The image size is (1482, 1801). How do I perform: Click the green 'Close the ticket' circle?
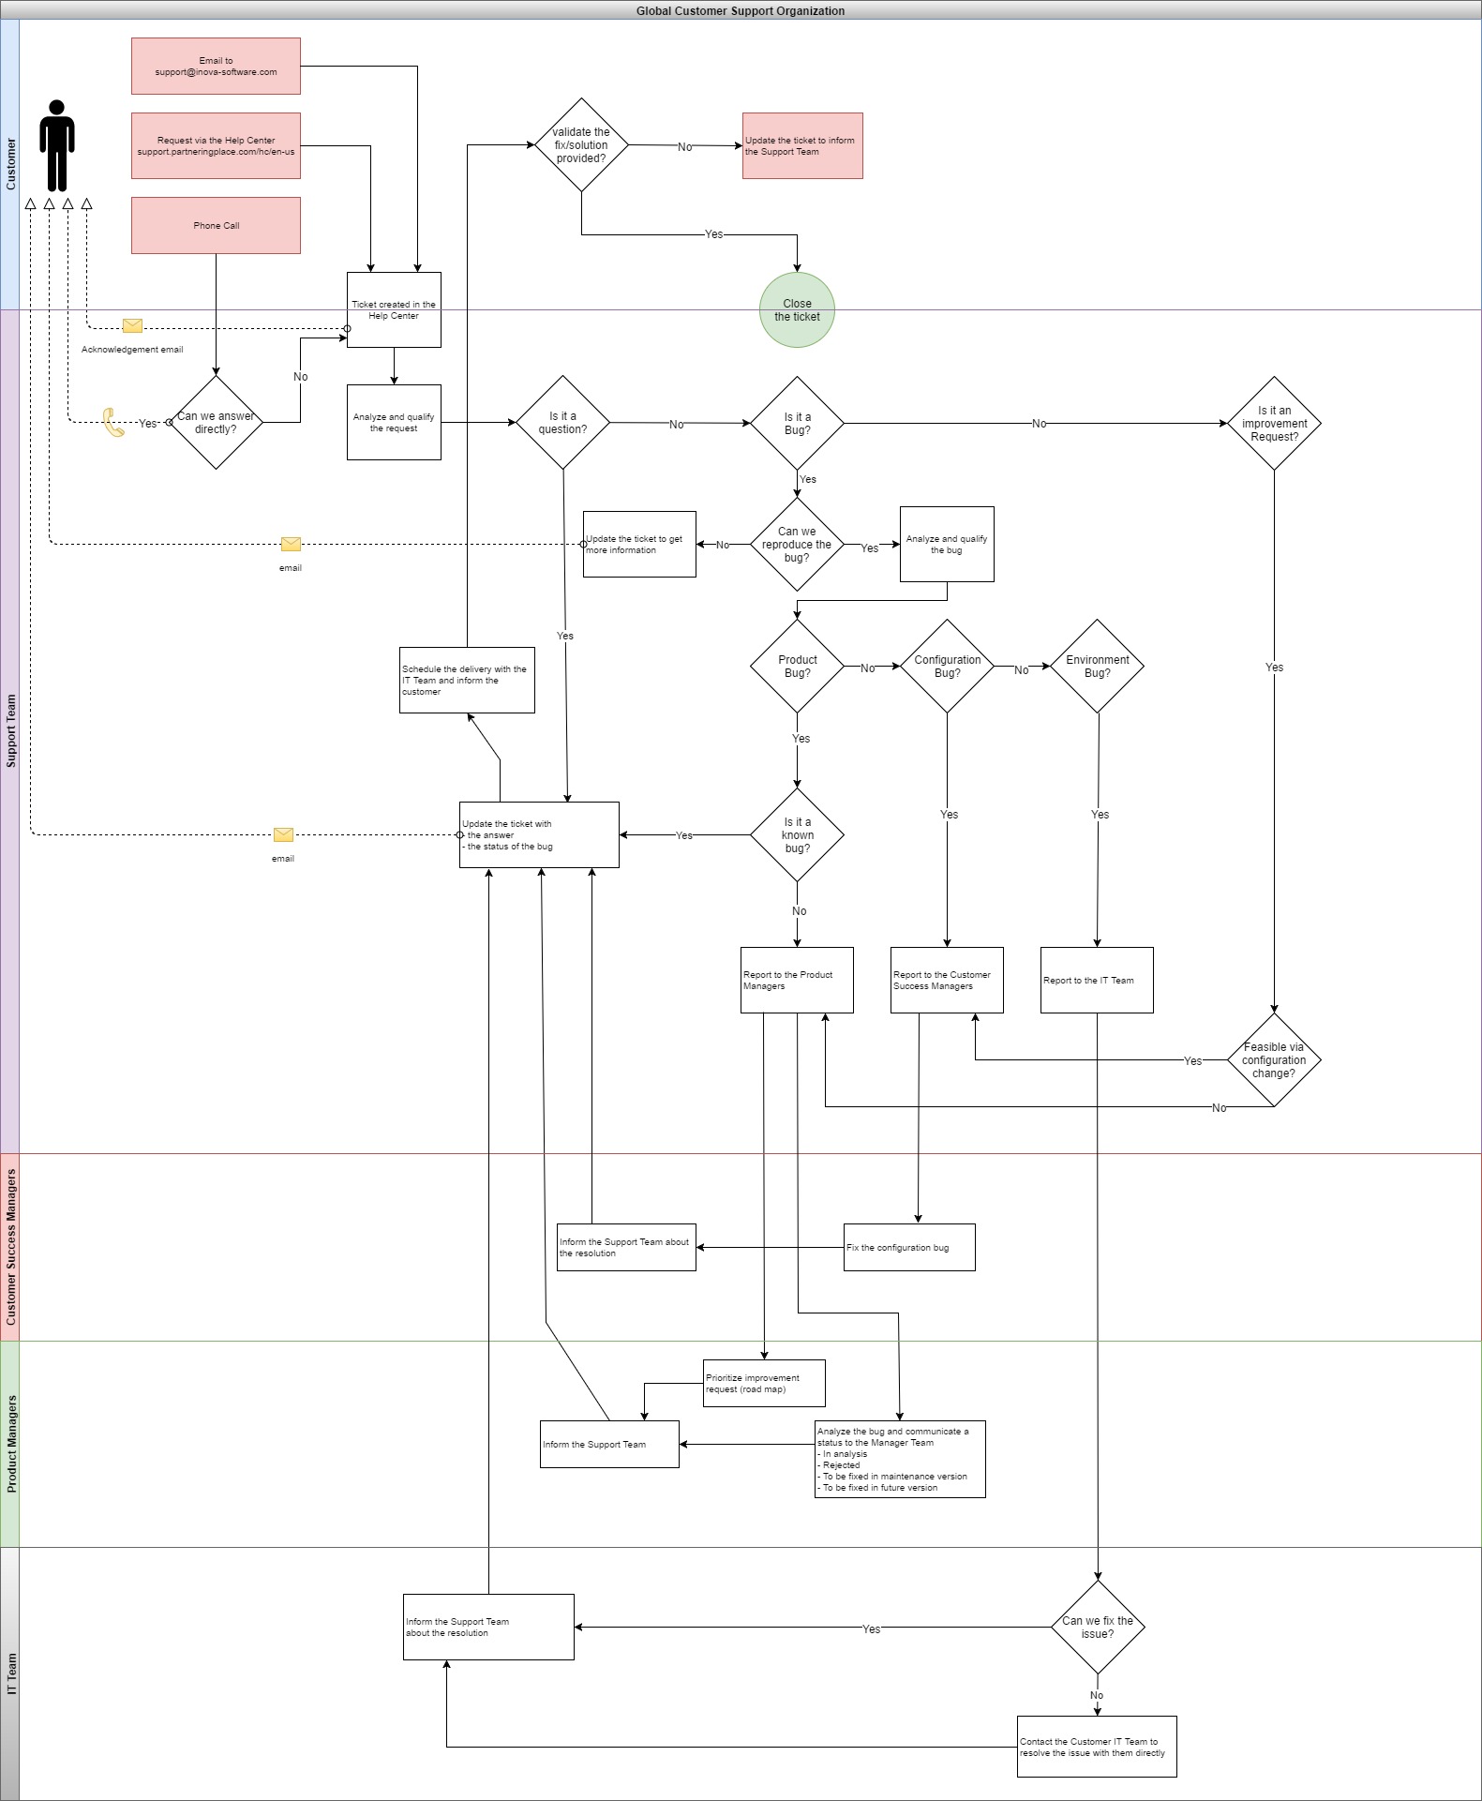797,310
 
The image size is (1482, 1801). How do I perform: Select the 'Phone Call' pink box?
216,225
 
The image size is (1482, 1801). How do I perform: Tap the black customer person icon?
57,145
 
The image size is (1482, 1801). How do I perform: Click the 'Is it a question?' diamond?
562,423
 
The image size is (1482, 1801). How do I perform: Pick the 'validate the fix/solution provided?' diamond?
581,145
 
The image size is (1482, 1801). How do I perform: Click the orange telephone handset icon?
113,423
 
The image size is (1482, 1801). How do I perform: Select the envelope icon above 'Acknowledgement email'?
132,325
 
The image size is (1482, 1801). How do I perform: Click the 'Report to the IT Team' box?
1097,980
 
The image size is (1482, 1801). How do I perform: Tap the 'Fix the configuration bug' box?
909,1247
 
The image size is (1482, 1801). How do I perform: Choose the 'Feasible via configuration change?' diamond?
1274,1060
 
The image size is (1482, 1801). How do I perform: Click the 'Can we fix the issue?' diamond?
1098,1628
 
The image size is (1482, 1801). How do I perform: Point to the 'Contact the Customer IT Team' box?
1097,1747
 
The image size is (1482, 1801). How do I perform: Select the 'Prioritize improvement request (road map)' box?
764,1383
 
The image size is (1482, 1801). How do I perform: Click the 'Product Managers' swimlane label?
10,1444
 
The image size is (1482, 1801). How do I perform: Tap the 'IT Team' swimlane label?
10,1673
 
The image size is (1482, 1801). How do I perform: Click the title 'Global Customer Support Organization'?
741,10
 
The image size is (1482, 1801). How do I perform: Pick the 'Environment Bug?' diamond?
1097,667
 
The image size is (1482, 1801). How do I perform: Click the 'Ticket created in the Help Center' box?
394,310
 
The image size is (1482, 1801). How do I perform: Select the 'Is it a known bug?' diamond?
797,834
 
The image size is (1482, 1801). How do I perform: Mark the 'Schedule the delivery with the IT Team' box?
467,680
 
